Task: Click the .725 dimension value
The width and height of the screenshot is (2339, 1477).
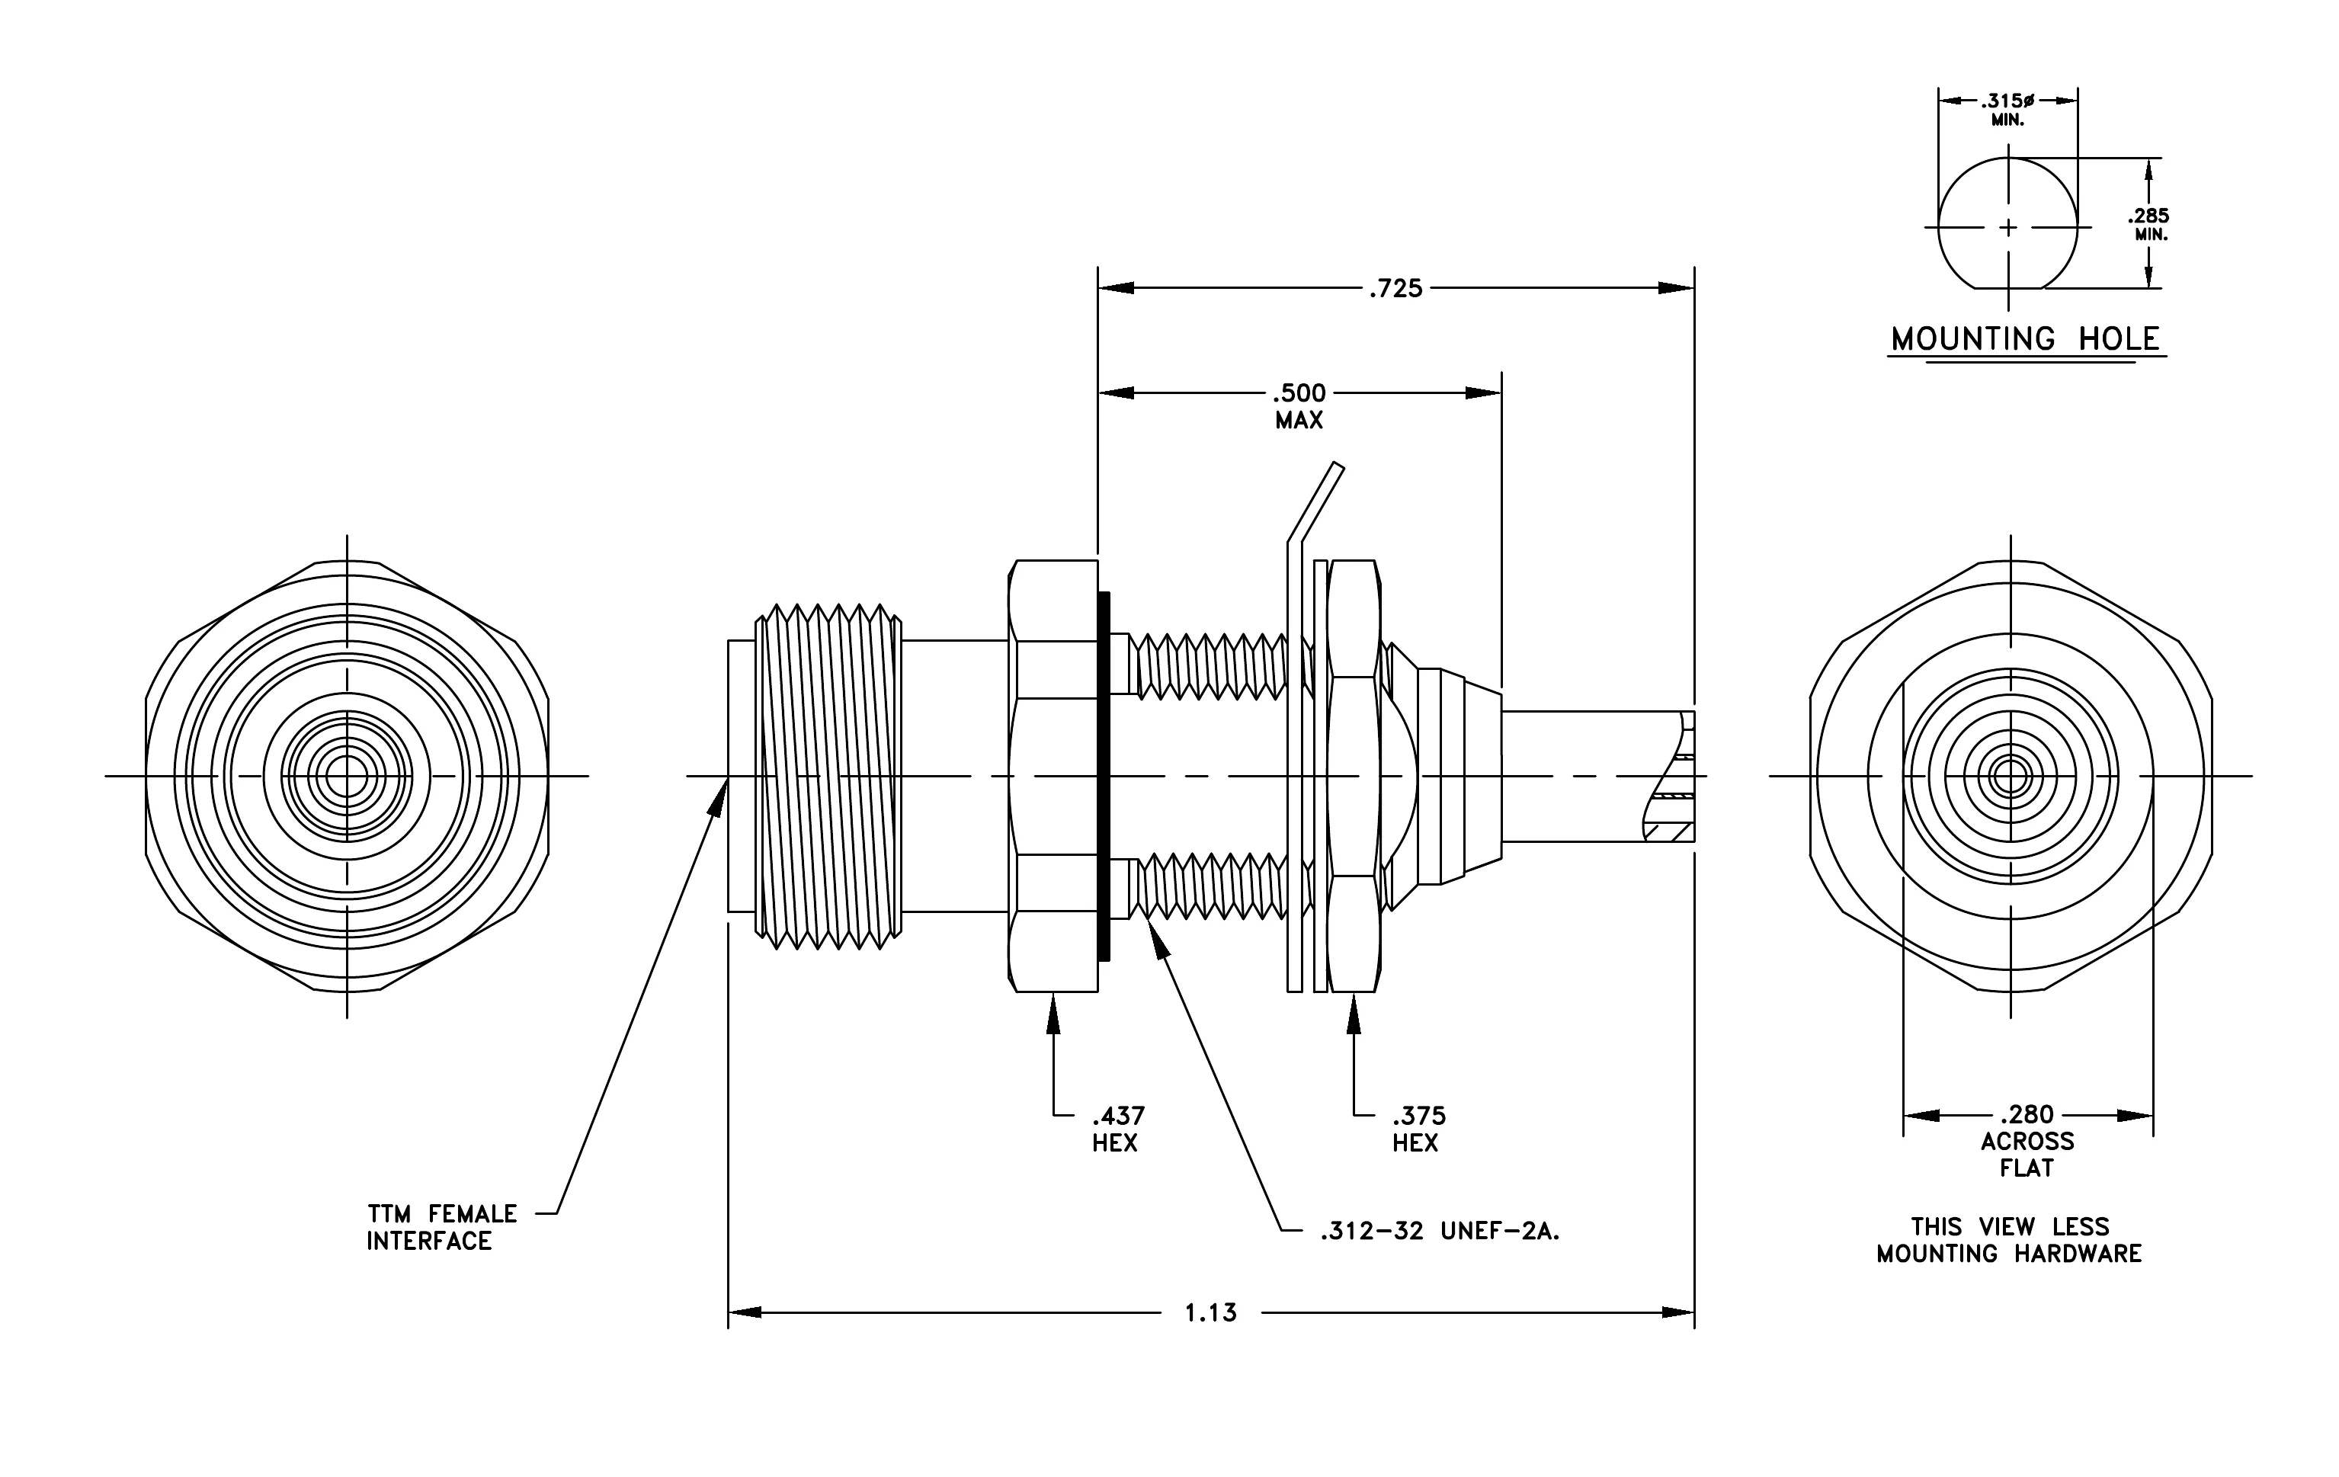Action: point(1395,288)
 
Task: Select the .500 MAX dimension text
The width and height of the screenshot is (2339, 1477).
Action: point(1299,407)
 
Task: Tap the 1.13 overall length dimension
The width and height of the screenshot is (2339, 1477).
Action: point(1211,1313)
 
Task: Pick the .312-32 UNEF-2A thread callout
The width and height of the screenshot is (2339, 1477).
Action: point(1440,1232)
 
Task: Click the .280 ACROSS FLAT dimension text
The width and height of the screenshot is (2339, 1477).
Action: point(2027,1141)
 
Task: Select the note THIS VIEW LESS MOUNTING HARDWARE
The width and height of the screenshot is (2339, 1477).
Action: point(2009,1240)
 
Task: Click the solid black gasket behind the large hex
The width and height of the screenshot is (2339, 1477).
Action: point(1104,776)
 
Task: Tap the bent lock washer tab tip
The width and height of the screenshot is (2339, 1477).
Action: point(1340,466)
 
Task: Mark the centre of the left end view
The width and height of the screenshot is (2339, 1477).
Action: point(347,776)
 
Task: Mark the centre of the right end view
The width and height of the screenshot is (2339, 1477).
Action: point(2011,776)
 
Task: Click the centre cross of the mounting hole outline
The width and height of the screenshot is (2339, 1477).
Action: point(2009,228)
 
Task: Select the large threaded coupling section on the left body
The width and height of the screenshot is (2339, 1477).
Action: point(828,776)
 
